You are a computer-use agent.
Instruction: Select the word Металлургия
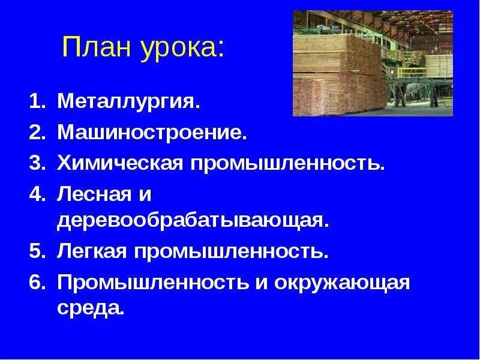[x=128, y=103]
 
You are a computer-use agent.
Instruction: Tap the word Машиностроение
[x=152, y=132]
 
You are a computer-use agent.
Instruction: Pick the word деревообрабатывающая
[x=193, y=220]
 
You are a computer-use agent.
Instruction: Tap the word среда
[x=91, y=310]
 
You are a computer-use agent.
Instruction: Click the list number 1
[x=37, y=103]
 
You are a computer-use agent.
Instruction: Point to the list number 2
[x=37, y=132]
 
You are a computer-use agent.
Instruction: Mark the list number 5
[x=37, y=251]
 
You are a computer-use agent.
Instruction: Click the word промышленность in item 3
[x=287, y=162]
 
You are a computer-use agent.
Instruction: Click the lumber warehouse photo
[x=373, y=63]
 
